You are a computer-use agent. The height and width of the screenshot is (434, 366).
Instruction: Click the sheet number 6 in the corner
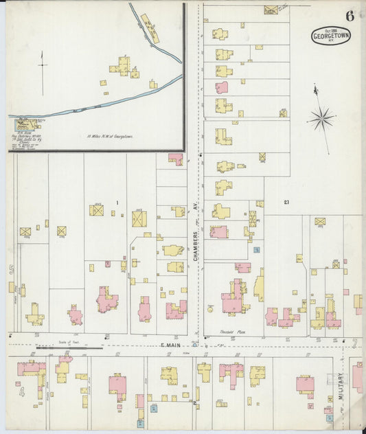(350, 15)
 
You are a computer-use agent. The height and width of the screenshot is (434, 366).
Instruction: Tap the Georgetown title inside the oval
(331, 36)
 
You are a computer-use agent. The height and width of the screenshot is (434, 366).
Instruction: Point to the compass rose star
(320, 118)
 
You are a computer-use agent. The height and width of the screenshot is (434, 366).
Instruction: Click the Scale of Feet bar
(65, 347)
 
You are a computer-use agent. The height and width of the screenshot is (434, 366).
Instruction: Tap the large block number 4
(21, 392)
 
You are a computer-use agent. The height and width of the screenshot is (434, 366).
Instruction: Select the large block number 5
(12, 269)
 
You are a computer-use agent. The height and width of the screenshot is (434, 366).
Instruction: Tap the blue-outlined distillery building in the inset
(25, 124)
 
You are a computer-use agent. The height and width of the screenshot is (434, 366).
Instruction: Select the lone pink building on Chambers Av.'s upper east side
(221, 88)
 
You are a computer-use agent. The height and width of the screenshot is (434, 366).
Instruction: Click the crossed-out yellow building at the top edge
(271, 10)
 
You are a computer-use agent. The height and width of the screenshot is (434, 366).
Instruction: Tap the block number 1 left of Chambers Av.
(117, 202)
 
